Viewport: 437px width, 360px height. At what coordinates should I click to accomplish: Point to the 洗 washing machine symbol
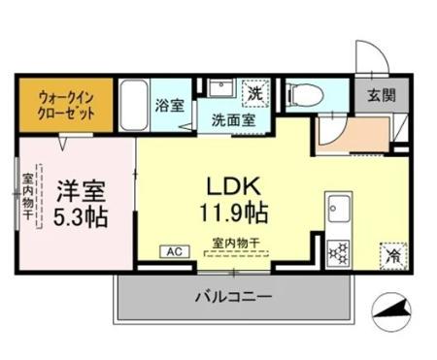point(255,94)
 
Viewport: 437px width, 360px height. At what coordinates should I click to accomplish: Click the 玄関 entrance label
point(379,95)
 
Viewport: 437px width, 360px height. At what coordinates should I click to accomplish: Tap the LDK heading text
point(230,184)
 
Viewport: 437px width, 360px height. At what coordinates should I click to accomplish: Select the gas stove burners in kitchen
point(340,250)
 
